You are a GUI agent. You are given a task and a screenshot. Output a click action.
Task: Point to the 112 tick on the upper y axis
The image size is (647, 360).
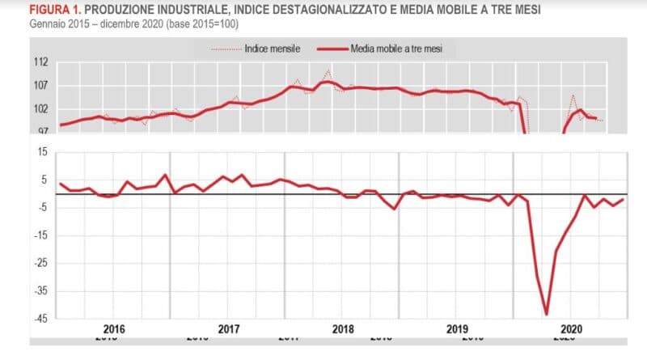(x=40, y=62)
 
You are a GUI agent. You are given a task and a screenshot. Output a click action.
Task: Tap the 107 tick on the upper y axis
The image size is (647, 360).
(x=40, y=86)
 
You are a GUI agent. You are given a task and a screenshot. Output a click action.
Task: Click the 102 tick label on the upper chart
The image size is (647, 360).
(x=40, y=109)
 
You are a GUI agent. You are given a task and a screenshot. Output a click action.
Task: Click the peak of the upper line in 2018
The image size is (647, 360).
(x=327, y=81)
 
